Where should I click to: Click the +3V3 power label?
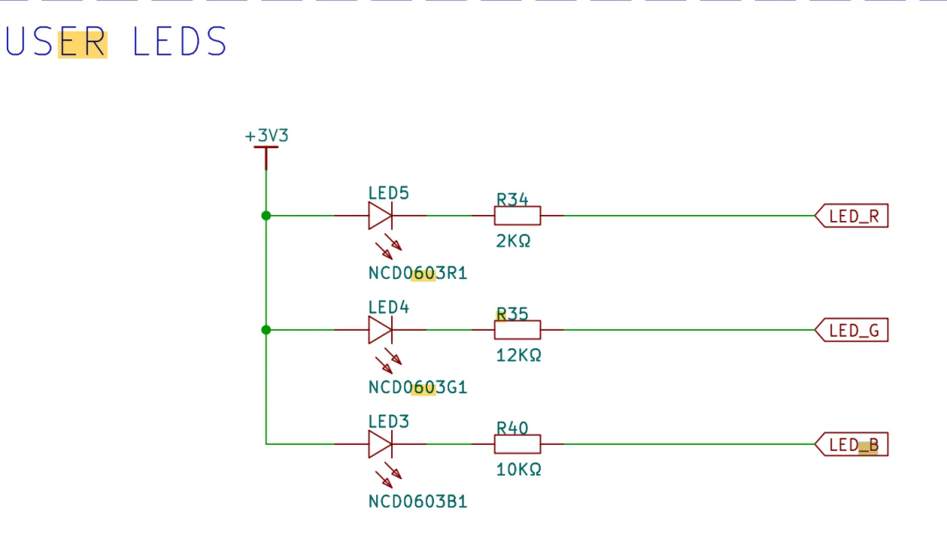[267, 136]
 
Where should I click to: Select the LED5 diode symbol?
[381, 215]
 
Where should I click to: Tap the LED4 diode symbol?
[381, 330]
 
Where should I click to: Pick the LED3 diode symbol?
[381, 444]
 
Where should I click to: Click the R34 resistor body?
[517, 215]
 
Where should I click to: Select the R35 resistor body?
[517, 330]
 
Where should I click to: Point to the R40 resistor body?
[517, 444]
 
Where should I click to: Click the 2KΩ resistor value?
[513, 240]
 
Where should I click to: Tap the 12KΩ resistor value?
[518, 355]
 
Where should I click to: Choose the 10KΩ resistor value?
[518, 469]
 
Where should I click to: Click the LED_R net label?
[852, 216]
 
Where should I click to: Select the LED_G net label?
[852, 331]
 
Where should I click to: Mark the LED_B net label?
[852, 446]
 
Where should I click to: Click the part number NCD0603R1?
[417, 274]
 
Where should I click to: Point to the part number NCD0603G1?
[417, 388]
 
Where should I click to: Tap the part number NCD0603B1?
[417, 502]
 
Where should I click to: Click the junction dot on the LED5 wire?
[266, 215]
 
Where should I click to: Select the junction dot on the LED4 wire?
[266, 330]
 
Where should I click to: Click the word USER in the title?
[56, 42]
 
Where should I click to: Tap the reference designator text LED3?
[388, 422]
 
